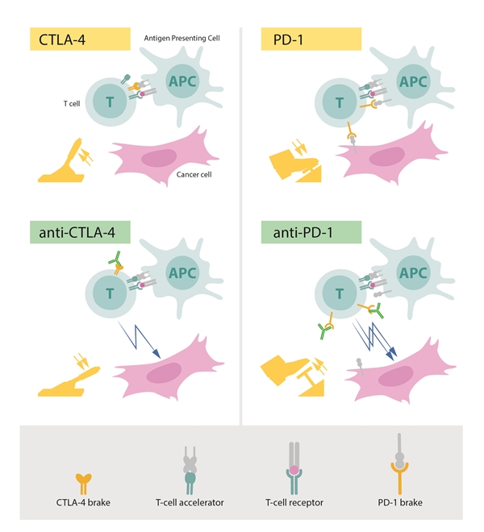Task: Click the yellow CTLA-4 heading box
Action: point(80,39)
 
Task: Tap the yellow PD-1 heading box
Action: point(311,39)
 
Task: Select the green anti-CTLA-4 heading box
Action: point(80,232)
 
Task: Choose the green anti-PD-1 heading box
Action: point(311,232)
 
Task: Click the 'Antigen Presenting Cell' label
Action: point(181,38)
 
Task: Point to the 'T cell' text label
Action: point(72,103)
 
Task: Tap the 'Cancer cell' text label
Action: point(194,174)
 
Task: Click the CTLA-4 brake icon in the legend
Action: point(83,484)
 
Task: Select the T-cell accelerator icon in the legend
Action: point(190,470)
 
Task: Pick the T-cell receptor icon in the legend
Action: point(294,468)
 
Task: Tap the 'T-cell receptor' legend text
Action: point(294,502)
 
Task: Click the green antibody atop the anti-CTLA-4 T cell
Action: point(115,257)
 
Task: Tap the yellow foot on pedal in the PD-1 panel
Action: point(294,164)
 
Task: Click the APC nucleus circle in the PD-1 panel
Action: point(413,81)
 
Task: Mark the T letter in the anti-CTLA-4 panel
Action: point(110,294)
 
